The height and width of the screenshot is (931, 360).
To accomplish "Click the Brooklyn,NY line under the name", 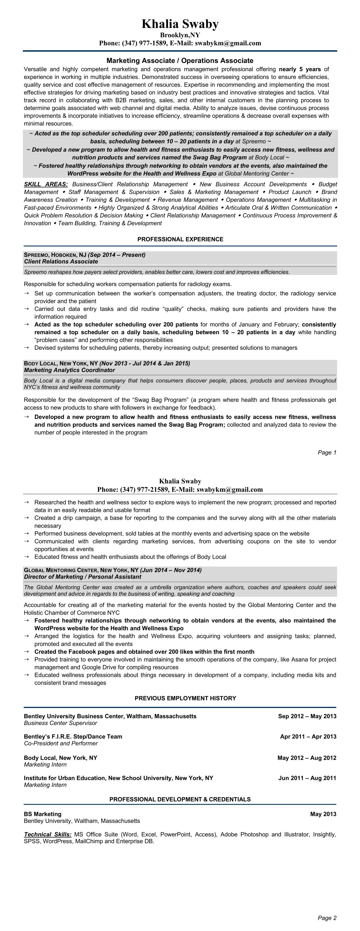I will pos(180,35).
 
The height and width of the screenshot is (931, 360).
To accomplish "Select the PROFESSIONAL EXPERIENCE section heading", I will pos(180,239).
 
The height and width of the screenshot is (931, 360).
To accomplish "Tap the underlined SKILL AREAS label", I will pos(46,184).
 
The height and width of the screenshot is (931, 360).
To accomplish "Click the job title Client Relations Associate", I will pos(61,261).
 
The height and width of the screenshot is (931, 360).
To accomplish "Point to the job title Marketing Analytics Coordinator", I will pos(69,370).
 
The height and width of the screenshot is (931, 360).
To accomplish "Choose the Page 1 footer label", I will pos(327,453).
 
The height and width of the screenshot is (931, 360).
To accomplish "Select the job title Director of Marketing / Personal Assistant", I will pos(82,577).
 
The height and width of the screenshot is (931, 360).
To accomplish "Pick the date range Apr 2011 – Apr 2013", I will pos(308,737).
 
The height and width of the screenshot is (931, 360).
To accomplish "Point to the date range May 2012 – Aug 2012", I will pos(307,758).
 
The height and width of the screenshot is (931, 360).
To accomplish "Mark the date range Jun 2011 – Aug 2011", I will pos(307,778).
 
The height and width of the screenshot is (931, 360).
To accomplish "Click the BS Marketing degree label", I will pos(43,814).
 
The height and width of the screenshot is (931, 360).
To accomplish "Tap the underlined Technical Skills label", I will pos(48,834).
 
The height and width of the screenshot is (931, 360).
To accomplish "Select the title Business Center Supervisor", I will pos(60,723).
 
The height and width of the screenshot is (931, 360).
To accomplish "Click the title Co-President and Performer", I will pos(61,744).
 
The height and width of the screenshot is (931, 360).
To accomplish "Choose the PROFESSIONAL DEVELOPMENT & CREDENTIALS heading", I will pos(180,799).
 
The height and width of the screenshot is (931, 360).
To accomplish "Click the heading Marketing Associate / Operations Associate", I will pos(180,61).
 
